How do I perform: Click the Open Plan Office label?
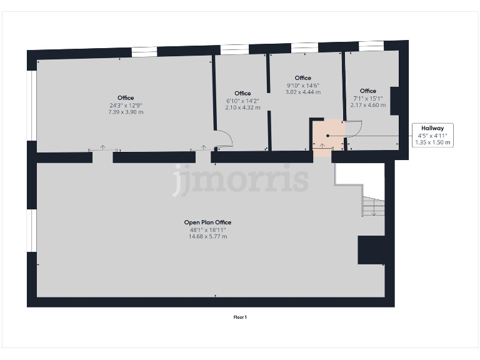point(208,222)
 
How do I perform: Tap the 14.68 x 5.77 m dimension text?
point(208,237)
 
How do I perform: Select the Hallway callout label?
point(432,128)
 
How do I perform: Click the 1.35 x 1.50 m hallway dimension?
point(432,142)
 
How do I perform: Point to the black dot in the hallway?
point(327,136)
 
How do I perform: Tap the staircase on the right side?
point(372,206)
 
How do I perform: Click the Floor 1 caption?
point(240,317)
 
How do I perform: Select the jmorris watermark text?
point(241,179)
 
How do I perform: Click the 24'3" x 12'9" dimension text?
point(126,105)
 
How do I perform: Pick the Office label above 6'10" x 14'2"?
point(242,93)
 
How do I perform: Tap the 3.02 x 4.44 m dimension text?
point(302,92)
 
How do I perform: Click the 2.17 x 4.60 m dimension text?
point(368,105)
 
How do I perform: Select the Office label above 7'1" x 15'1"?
point(368,91)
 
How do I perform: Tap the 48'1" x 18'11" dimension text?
point(208,230)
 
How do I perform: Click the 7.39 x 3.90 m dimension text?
point(126,112)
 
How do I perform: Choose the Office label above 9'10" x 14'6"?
point(302,78)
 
